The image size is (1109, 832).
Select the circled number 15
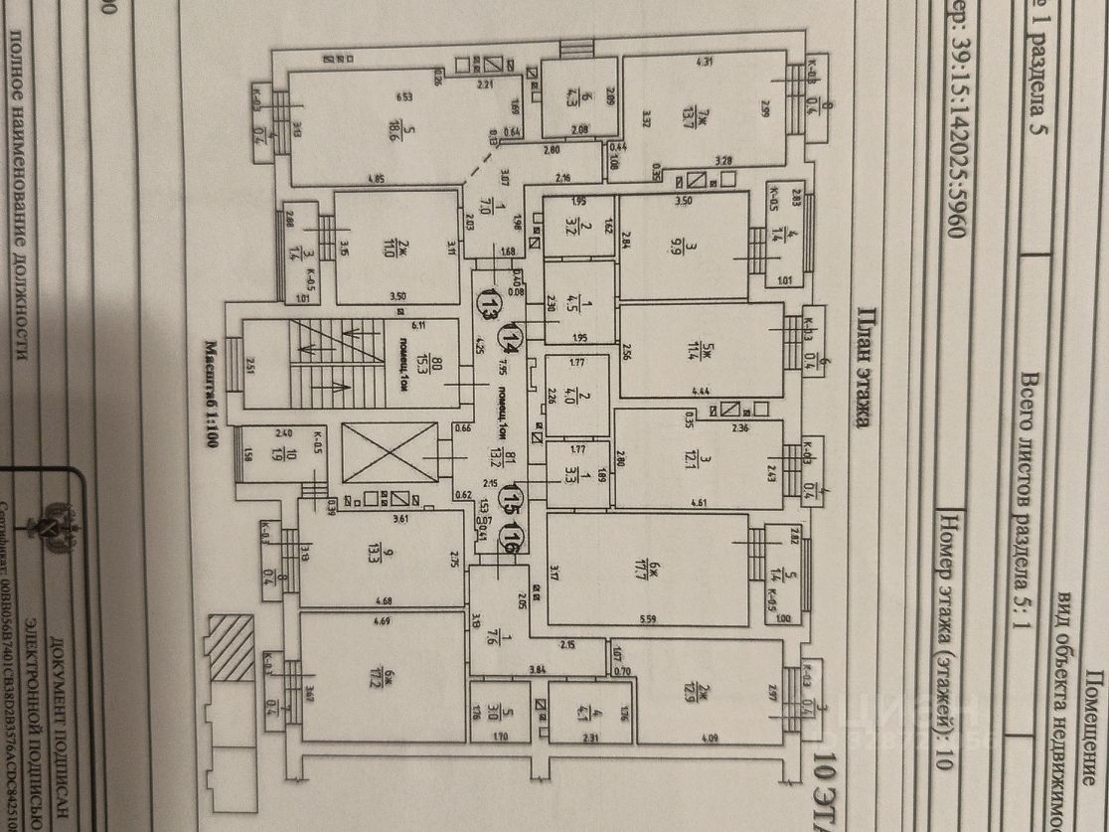tap(512, 494)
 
